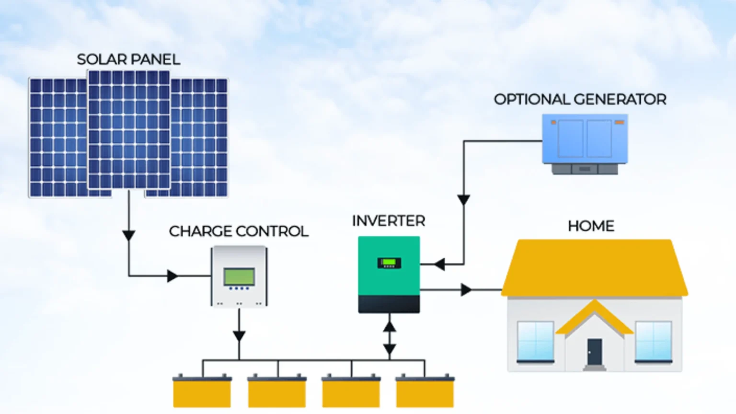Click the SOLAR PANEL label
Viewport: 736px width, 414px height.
(x=128, y=59)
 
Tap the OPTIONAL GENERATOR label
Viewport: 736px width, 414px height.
(x=580, y=99)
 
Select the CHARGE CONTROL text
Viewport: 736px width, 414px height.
(x=238, y=231)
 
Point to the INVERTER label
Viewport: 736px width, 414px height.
(x=388, y=221)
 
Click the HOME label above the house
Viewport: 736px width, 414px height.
(x=591, y=226)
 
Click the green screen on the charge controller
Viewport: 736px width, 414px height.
(x=239, y=277)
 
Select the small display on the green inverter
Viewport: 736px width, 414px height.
(x=389, y=263)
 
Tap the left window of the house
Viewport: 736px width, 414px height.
(x=536, y=341)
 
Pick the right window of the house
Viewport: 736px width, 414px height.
(x=653, y=341)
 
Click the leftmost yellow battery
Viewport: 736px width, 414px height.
(x=202, y=391)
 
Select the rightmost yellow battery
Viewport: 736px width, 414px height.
(x=425, y=391)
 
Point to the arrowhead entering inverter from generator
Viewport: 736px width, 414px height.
(x=439, y=264)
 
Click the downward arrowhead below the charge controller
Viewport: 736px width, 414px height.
(x=239, y=336)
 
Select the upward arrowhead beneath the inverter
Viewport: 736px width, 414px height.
(x=390, y=327)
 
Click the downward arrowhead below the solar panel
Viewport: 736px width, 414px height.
(x=128, y=235)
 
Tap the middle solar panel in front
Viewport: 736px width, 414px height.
(x=128, y=129)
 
